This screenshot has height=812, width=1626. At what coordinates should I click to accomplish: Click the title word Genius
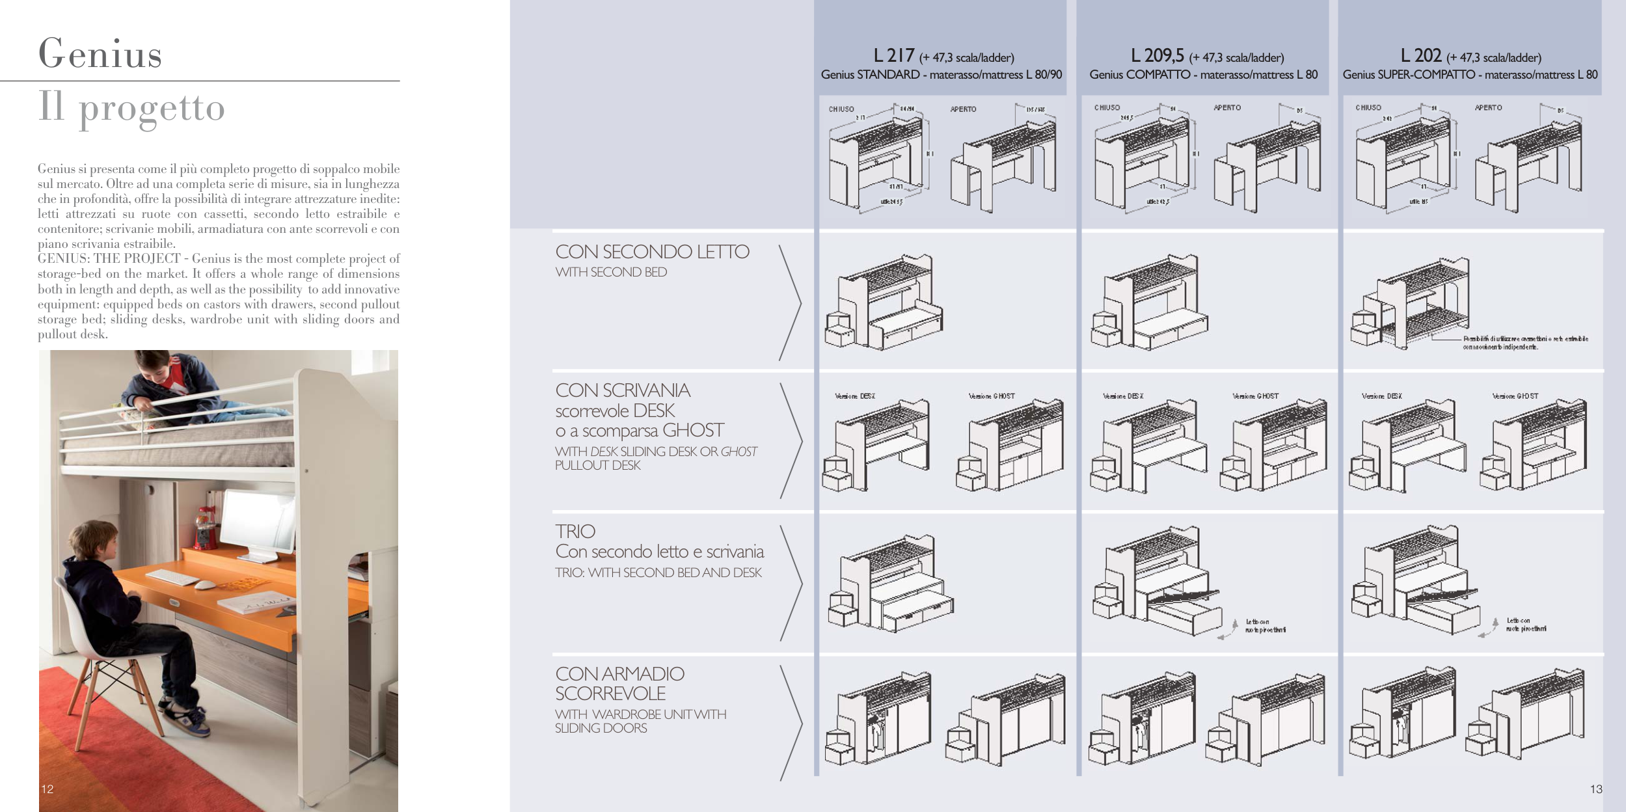[x=100, y=53]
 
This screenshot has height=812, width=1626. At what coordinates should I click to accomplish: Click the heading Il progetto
[x=131, y=107]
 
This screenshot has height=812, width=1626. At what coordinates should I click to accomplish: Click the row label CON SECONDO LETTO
[x=652, y=252]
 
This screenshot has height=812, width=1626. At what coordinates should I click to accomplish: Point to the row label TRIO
[x=575, y=532]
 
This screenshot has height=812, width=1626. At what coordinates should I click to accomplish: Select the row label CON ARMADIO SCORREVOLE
[x=619, y=683]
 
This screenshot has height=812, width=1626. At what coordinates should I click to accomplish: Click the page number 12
[x=47, y=789]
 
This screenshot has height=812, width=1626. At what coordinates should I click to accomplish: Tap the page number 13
[x=1595, y=789]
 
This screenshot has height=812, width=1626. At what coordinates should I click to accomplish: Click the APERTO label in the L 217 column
[x=963, y=109]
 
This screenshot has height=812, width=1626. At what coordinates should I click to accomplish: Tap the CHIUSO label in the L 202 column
[x=1368, y=108]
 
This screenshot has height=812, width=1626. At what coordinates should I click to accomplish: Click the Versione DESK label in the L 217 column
[x=855, y=396]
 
